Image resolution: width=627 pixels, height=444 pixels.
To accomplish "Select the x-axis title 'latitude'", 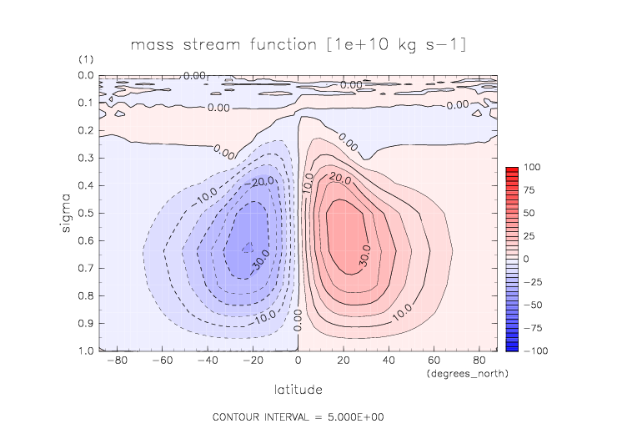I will pos(298,389).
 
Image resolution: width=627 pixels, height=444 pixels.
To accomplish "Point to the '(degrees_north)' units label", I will pos(467,374).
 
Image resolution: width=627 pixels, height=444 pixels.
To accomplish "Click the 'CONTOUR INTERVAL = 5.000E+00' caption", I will pos(298,416).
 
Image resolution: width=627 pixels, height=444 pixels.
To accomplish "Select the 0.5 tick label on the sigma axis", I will pos(86,214).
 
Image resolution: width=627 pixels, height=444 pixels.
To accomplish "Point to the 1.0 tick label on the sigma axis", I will pos(86,351).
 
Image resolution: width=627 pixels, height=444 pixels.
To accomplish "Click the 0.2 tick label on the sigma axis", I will pos(86,131).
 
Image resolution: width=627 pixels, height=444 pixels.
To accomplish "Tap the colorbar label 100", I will pos(532,168).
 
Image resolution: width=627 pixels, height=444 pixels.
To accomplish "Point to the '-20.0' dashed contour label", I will pos(242,179).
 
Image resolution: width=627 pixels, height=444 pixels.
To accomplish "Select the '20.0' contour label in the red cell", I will pos(340,178).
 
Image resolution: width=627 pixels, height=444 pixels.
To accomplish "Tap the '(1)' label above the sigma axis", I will pos(86,60).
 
